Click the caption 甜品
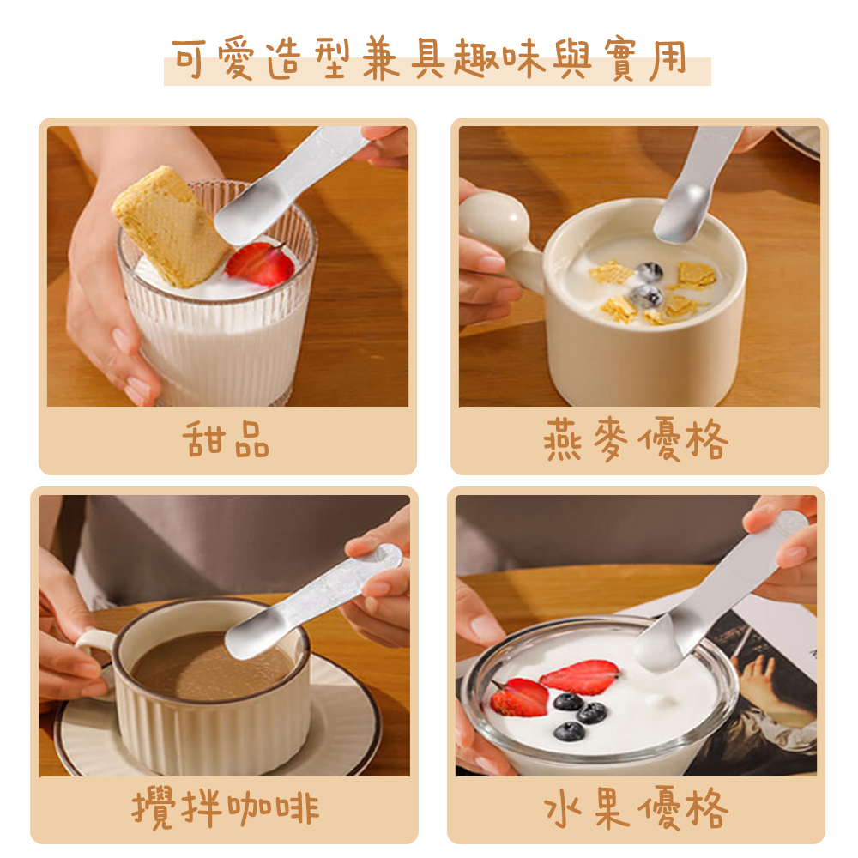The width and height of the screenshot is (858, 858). [227, 441]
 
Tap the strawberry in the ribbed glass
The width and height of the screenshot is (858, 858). [260, 263]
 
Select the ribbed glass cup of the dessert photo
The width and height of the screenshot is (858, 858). [214, 343]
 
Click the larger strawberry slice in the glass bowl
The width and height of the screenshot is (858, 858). [580, 676]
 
